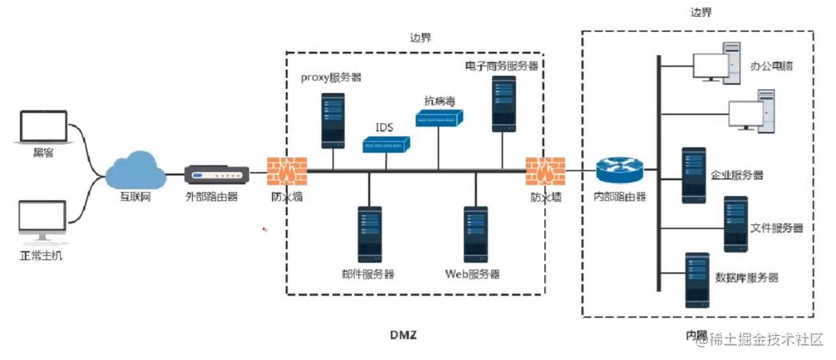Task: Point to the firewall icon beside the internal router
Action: pos(546,170)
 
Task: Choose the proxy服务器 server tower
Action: pos(333,120)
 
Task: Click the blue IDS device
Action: pos(386,144)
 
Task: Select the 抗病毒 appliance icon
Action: pos(439,119)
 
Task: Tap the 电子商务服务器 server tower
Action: pos(503,103)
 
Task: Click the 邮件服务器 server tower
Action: pos(370,235)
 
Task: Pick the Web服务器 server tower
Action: pos(477,234)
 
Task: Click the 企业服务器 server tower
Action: pos(694,175)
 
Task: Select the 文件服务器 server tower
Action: pos(735,224)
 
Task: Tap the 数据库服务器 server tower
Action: pos(697,280)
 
